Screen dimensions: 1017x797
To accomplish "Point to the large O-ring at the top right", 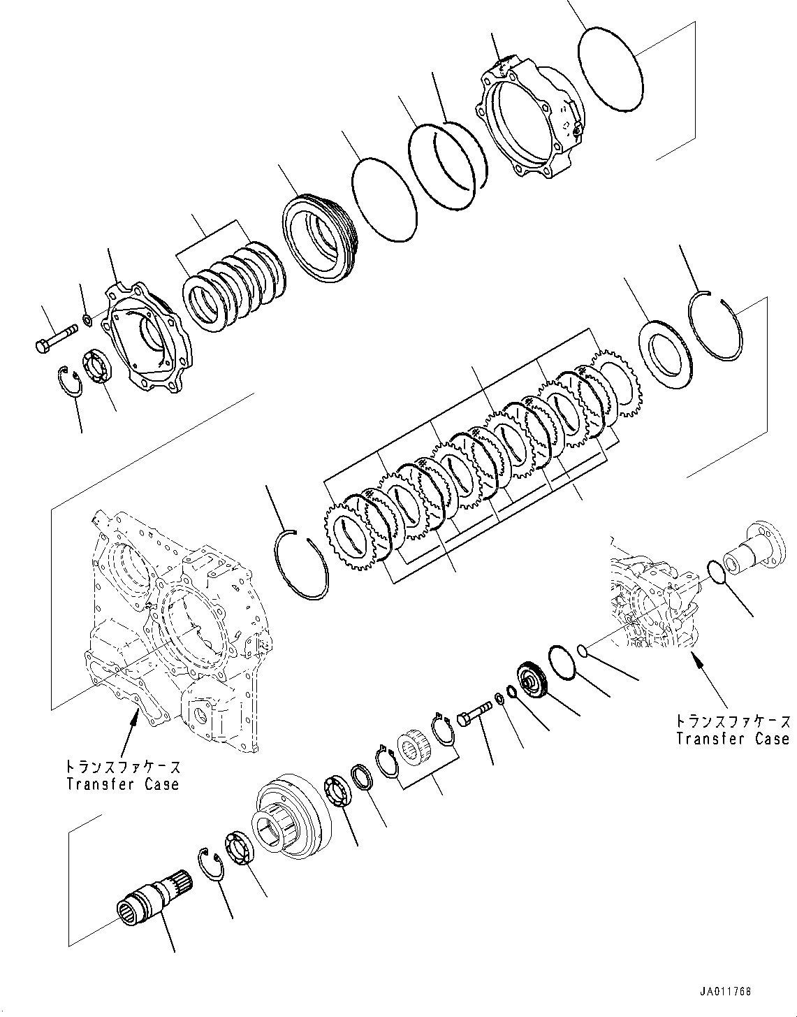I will tap(610, 68).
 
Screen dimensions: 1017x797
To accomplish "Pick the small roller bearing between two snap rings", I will tap(415, 747).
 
